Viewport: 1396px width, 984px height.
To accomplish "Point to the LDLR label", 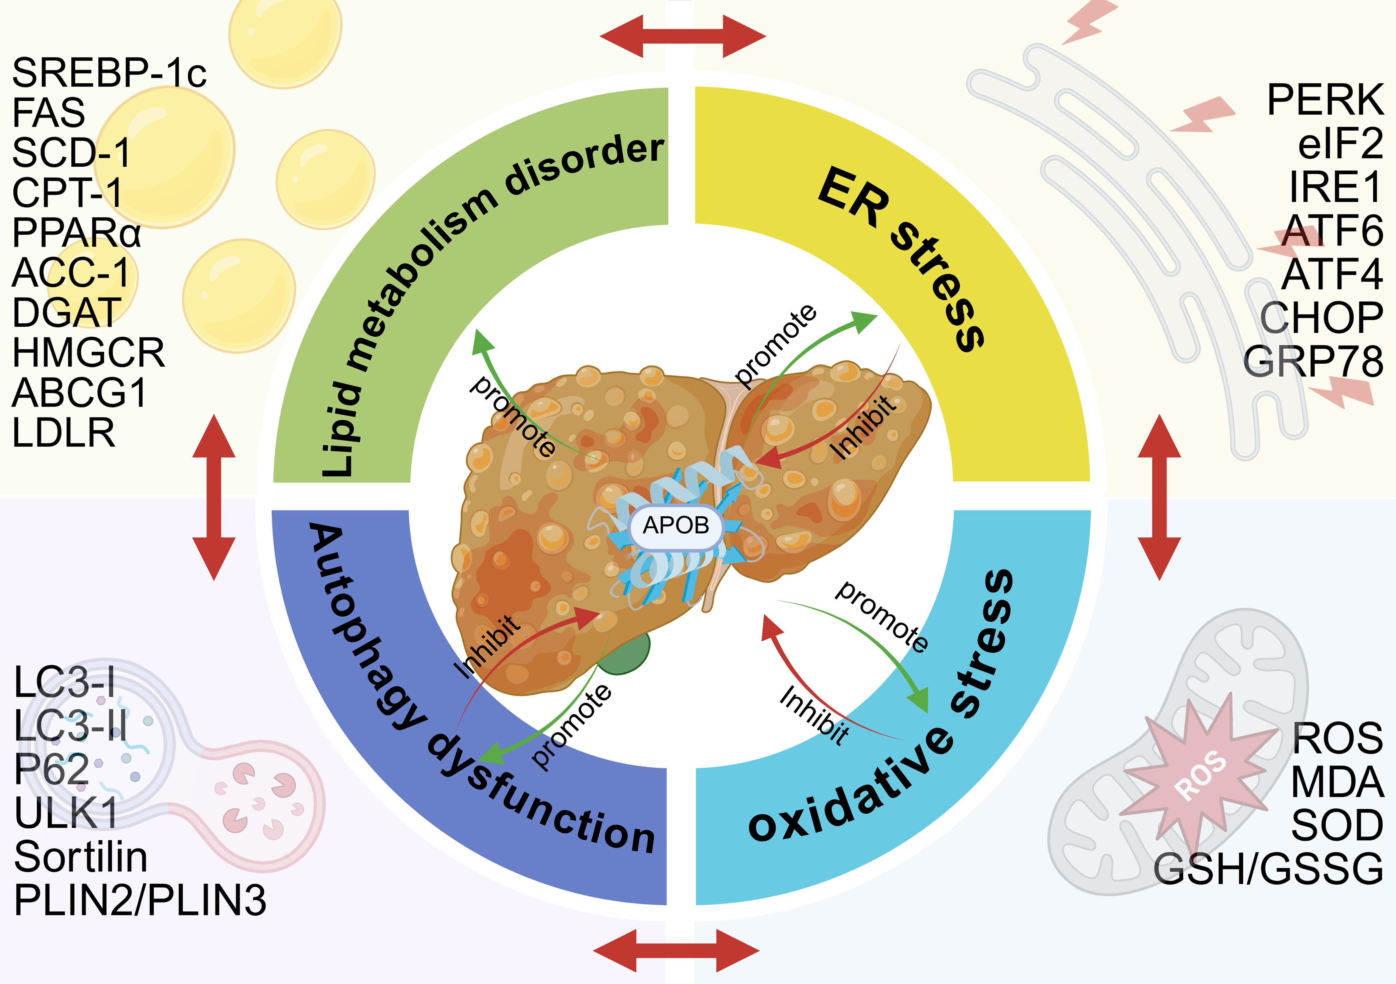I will (x=64, y=433).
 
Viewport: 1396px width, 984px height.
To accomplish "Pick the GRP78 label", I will (x=1313, y=362).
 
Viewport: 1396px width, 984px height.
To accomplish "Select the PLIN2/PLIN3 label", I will (x=140, y=900).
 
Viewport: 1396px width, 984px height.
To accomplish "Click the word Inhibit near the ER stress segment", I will (x=864, y=427).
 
